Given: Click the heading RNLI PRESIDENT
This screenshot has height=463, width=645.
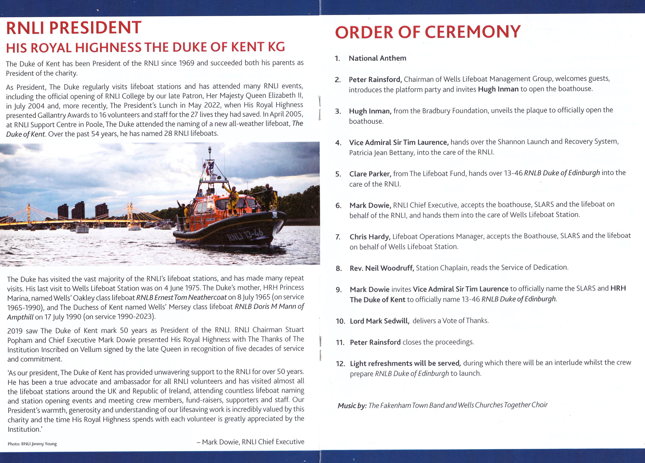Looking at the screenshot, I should [x=74, y=28].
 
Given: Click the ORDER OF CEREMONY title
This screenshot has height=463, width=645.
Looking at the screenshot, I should [x=428, y=32].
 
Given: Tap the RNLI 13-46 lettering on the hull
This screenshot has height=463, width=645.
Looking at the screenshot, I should [x=245, y=235].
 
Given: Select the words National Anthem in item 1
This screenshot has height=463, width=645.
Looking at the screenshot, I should [x=377, y=58].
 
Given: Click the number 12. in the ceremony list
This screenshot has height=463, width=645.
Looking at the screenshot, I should [x=340, y=364].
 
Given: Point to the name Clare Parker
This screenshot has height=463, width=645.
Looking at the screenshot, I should [x=370, y=174].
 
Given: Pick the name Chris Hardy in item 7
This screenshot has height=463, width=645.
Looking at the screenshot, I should [x=370, y=237].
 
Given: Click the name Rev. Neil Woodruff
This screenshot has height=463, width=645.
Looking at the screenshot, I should [x=381, y=268].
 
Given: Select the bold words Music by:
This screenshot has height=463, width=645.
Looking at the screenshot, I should [x=352, y=406].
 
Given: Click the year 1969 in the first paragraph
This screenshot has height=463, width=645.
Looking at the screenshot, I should [x=187, y=63].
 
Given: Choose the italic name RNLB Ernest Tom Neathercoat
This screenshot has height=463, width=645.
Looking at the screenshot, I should [x=181, y=297].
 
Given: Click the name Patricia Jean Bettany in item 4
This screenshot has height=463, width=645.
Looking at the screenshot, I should [x=381, y=153].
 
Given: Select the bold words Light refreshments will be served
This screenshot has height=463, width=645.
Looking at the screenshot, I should [x=405, y=363].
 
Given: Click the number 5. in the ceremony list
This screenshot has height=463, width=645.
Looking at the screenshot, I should [x=338, y=174].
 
